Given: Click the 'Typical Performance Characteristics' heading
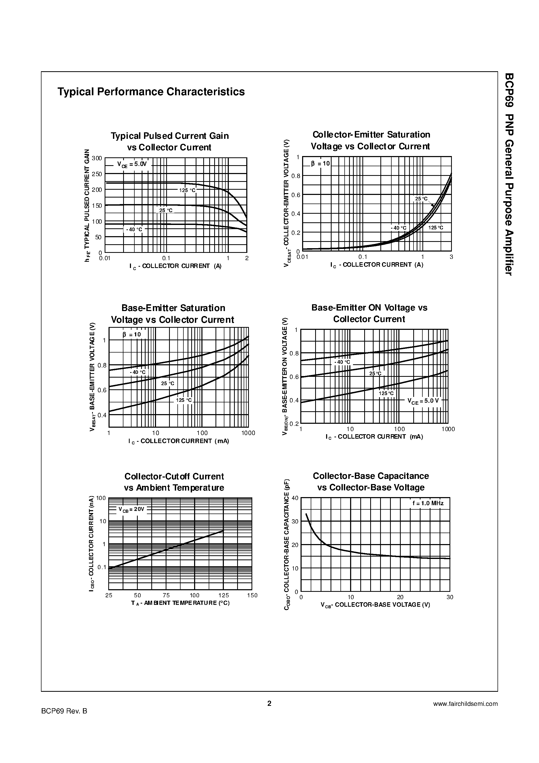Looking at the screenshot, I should pos(151,92).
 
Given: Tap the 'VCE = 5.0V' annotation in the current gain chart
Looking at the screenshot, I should pos(132,164).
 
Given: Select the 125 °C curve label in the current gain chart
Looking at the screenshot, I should pos(187,190).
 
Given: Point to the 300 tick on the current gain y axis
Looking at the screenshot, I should pos(97,158).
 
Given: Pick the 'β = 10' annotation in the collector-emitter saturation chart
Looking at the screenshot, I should pos(320,164).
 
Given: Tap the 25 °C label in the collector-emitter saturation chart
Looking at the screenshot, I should pos(421,199).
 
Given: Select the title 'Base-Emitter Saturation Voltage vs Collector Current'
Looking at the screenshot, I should pos(172,314).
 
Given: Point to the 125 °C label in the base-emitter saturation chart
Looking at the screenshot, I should pos(184,400).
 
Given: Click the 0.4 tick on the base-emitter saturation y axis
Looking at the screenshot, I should pos(102,415).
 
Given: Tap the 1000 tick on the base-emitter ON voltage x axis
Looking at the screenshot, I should pos(448,429).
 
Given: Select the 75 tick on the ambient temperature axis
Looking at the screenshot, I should pos(166,595).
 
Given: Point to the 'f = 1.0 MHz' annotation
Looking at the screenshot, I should pos(428,503).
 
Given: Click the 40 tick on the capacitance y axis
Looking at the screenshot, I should pos(295,498).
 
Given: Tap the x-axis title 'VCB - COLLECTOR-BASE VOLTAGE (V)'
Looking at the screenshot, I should pos(375,605).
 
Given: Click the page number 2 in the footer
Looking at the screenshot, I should pos(269,704).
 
